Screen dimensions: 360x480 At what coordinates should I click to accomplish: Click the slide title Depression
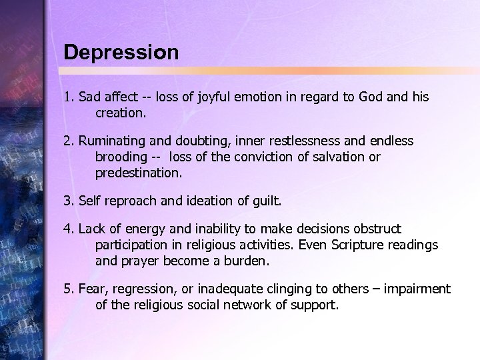pos(121,53)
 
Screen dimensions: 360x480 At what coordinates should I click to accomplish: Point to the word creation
pos(120,113)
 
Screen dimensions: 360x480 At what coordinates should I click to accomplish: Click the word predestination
pos(138,173)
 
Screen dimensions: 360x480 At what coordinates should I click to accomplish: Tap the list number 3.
pos(67,201)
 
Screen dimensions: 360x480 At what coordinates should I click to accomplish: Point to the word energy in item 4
pos(142,229)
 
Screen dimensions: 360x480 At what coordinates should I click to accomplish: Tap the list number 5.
pos(67,289)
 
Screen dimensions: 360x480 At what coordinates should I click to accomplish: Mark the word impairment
pos(417,289)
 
